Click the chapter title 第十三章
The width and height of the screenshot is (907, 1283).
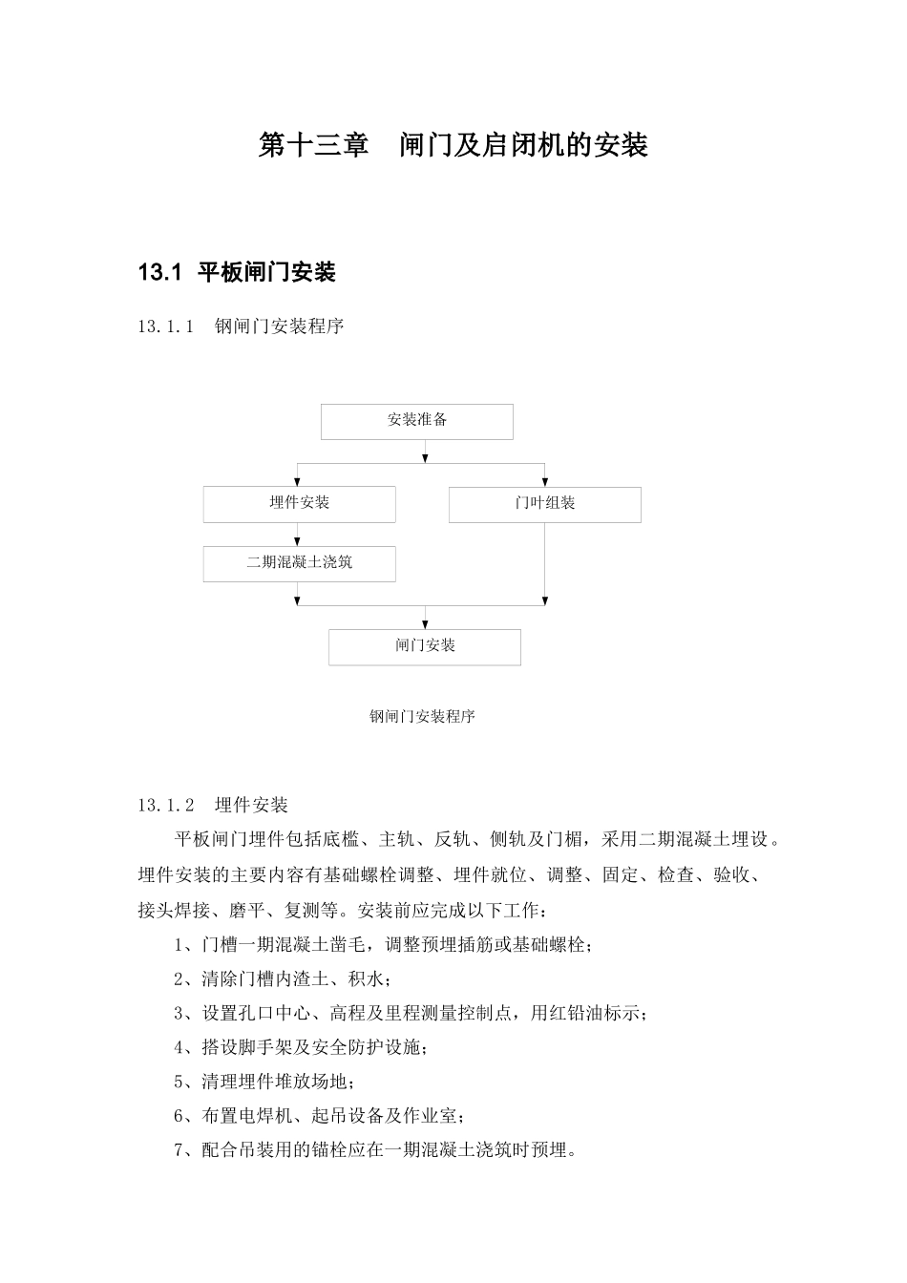[313, 145]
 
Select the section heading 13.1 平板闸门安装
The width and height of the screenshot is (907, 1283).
[237, 273]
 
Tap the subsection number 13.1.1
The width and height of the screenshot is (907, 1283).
[166, 326]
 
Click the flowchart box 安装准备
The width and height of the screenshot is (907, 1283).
[416, 421]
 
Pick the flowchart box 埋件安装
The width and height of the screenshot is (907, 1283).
[299, 504]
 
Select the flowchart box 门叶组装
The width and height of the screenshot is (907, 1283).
[544, 504]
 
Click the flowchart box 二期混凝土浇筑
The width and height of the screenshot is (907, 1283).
[299, 563]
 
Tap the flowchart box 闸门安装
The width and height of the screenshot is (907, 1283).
[425, 647]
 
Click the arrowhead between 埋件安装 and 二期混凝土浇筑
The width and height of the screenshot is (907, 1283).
[298, 540]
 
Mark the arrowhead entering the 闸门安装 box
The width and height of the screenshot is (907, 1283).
[426, 623]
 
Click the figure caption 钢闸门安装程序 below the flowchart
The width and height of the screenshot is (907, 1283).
[422, 717]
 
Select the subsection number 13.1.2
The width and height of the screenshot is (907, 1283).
[166, 806]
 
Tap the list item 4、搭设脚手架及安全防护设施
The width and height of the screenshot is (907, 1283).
[301, 1048]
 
